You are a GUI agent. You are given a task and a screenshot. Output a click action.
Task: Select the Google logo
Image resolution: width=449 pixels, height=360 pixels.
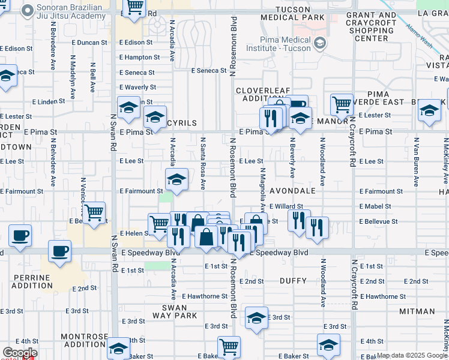[x=20, y=353]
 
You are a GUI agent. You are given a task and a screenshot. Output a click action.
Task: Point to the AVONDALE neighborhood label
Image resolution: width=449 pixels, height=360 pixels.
[x=292, y=191]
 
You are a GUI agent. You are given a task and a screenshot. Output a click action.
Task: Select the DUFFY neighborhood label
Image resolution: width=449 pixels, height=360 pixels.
[x=294, y=281]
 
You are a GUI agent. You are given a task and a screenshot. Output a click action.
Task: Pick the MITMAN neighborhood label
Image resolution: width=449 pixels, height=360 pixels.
[x=417, y=311]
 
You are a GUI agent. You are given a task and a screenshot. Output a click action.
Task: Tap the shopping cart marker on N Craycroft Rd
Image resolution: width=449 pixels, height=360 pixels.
[x=342, y=105]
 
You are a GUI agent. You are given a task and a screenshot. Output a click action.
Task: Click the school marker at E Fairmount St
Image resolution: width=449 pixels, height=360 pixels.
[x=176, y=179]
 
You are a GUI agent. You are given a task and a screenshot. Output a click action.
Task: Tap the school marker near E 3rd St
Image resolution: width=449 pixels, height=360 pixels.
[x=256, y=318]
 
